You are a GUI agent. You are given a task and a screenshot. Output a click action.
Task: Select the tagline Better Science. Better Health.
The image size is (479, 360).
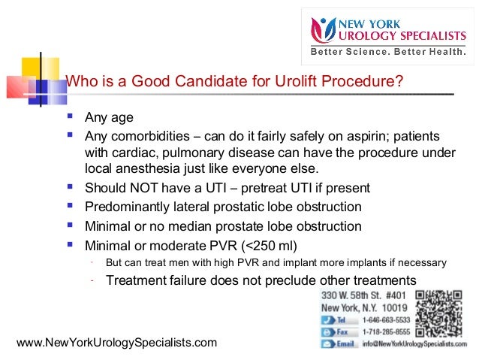coord(388,53)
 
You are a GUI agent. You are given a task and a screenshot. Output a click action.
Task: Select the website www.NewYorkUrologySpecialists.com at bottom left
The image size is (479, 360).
coord(116,343)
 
